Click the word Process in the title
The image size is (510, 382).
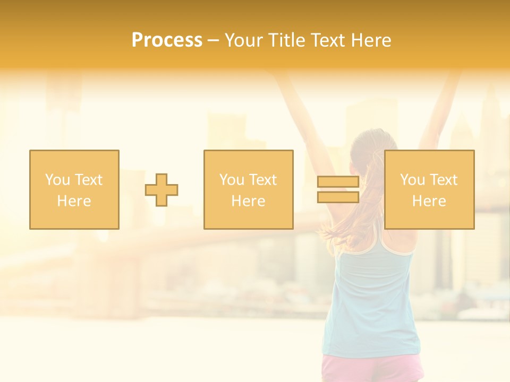pyautogui.click(x=167, y=40)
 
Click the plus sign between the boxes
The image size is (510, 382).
pyautogui.click(x=161, y=190)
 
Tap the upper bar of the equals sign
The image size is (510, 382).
pyautogui.click(x=338, y=181)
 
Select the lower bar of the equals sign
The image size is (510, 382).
pyautogui.click(x=338, y=197)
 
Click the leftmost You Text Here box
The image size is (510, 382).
pyautogui.click(x=74, y=159)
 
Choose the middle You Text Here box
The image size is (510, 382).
pyautogui.click(x=248, y=159)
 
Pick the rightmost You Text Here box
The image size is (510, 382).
pyautogui.click(x=429, y=159)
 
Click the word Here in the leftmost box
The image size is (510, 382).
pyautogui.click(x=74, y=201)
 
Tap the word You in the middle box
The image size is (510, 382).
pyautogui.click(x=232, y=180)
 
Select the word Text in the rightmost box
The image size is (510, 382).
pyautogui.click(x=444, y=180)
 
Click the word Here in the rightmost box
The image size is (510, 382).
pyautogui.click(x=429, y=201)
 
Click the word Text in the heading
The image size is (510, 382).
pyautogui.click(x=325, y=40)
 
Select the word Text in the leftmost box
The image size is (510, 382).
pyautogui.click(x=88, y=180)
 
